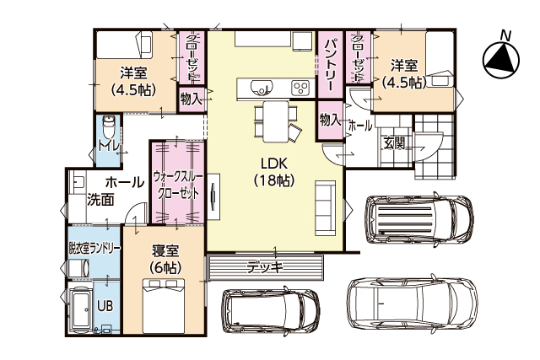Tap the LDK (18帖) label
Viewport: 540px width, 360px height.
pyautogui.click(x=275, y=171)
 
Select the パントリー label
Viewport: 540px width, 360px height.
pyautogui.click(x=330, y=64)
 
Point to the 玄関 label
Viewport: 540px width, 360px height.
pyautogui.click(x=394, y=142)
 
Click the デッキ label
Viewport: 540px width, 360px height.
pyautogui.click(x=264, y=268)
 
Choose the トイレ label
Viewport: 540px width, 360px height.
pyautogui.click(x=107, y=146)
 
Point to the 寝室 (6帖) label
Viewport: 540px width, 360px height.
pyautogui.click(x=165, y=259)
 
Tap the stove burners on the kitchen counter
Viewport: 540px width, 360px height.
pyautogui.click(x=301, y=86)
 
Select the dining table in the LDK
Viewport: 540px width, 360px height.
pyautogui.click(x=274, y=121)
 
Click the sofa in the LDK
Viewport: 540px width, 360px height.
pyautogui.click(x=324, y=207)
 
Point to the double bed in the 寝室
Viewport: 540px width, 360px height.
pyautogui.click(x=164, y=307)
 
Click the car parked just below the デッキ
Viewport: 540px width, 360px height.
pyautogui.click(x=272, y=314)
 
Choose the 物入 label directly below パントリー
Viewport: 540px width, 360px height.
pyautogui.click(x=329, y=120)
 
